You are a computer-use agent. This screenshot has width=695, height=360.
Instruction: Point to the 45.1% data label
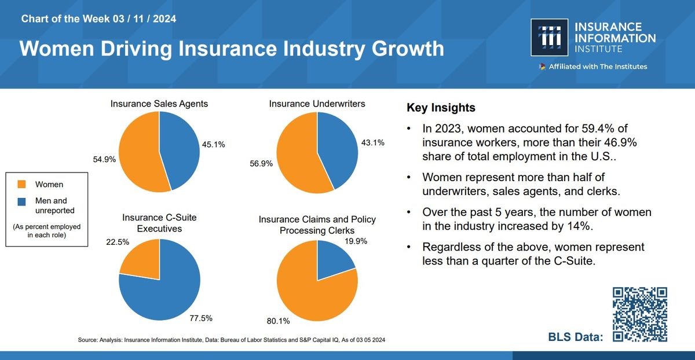[x=214, y=145]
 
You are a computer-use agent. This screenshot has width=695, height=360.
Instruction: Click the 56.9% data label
[x=261, y=163]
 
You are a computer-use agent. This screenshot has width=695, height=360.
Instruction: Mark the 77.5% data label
[x=201, y=318]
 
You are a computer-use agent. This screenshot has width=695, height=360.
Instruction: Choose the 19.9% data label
[x=356, y=241]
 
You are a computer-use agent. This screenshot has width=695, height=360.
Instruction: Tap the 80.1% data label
[x=279, y=321]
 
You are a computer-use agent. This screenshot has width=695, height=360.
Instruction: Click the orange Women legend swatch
[x=22, y=184]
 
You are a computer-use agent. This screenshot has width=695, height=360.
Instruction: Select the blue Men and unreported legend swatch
[x=22, y=201]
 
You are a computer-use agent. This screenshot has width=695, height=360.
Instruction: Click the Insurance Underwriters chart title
[x=317, y=104]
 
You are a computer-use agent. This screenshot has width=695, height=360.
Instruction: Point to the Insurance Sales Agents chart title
[x=159, y=104]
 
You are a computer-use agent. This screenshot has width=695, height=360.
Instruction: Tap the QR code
[x=640, y=314]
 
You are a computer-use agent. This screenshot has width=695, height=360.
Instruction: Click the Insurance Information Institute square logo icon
[x=549, y=37]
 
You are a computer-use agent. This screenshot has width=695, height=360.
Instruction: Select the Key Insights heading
[x=441, y=108]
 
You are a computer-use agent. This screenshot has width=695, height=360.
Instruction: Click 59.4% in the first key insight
[x=598, y=128]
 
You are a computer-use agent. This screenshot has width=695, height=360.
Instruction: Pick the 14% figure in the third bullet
[x=579, y=226]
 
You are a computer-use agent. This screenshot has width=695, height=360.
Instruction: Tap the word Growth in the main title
[x=408, y=49]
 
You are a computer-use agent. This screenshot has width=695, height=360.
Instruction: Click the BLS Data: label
[x=576, y=337]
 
